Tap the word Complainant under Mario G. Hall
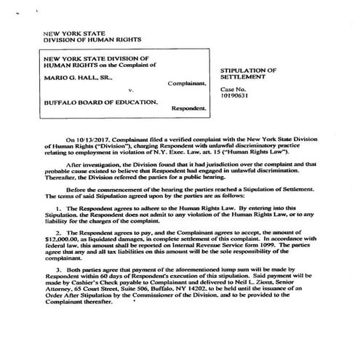[185, 84]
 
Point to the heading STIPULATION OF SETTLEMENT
[248, 73]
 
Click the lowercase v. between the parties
[119, 92]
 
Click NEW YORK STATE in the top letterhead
[71, 34]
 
